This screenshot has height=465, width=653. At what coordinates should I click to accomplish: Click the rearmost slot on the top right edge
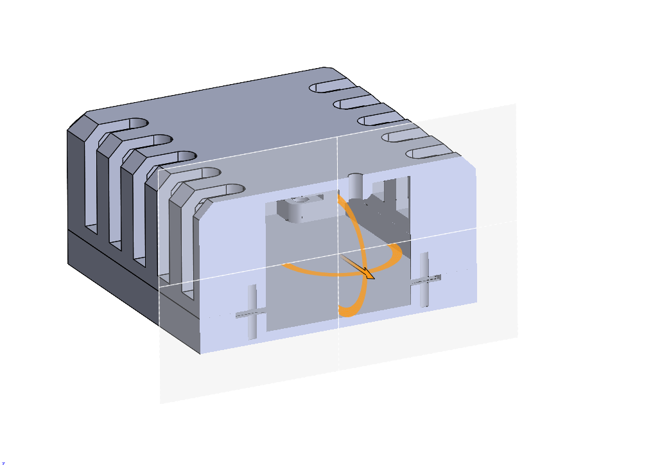point(331,87)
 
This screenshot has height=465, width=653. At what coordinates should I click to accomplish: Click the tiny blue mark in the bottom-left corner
point(3,462)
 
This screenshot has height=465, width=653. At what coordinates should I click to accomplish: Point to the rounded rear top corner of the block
point(327,69)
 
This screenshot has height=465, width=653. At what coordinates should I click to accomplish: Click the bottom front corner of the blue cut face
point(201,353)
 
